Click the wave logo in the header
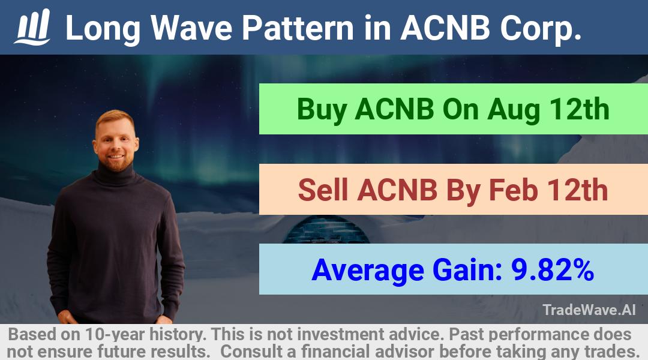pyautogui.click(x=32, y=27)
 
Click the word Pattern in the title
pyautogui.click(x=298, y=28)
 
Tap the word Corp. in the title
pyautogui.click(x=541, y=29)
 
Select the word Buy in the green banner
pyautogui.click(x=321, y=110)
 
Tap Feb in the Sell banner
pyautogui.click(x=514, y=190)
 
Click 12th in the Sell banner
pyautogui.click(x=578, y=190)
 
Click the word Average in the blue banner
pyautogui.click(x=368, y=271)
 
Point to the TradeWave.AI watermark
pyautogui.click(x=589, y=310)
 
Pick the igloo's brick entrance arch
pyautogui.click(x=326, y=230)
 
